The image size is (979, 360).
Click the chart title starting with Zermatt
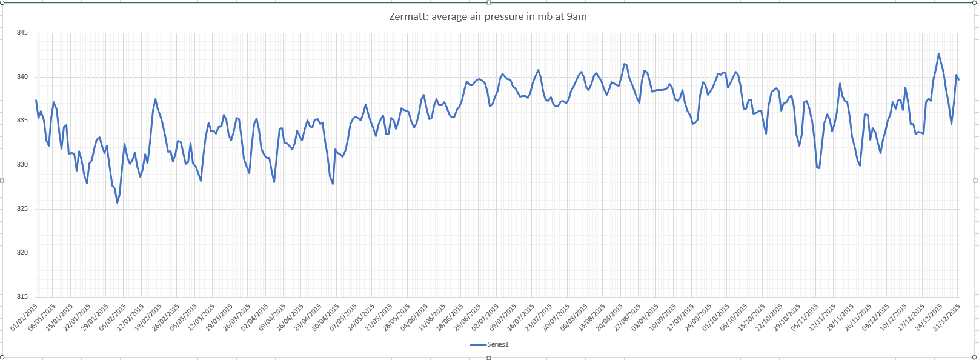pyautogui.click(x=488, y=17)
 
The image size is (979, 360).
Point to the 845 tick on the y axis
pyautogui.click(x=22, y=33)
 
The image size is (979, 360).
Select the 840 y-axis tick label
pyautogui.click(x=22, y=77)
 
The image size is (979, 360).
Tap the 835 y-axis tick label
pyautogui.click(x=22, y=121)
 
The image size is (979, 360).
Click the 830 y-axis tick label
pyautogui.click(x=22, y=165)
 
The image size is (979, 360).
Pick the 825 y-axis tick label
pyautogui.click(x=22, y=209)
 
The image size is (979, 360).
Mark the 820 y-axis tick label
pyautogui.click(x=22, y=253)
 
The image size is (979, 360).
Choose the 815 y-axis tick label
pyautogui.click(x=22, y=297)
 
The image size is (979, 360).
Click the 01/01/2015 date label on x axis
pyautogui.click(x=24, y=318)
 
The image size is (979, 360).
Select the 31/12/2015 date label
pyautogui.click(x=946, y=318)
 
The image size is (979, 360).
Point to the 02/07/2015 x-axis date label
pyautogui.click(x=485, y=318)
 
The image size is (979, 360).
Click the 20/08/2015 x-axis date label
pyautogui.click(x=609, y=318)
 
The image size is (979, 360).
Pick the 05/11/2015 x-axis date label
pyautogui.click(x=805, y=318)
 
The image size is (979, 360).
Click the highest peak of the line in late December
pyautogui.click(x=938, y=54)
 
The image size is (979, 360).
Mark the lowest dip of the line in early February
pyautogui.click(x=117, y=202)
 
